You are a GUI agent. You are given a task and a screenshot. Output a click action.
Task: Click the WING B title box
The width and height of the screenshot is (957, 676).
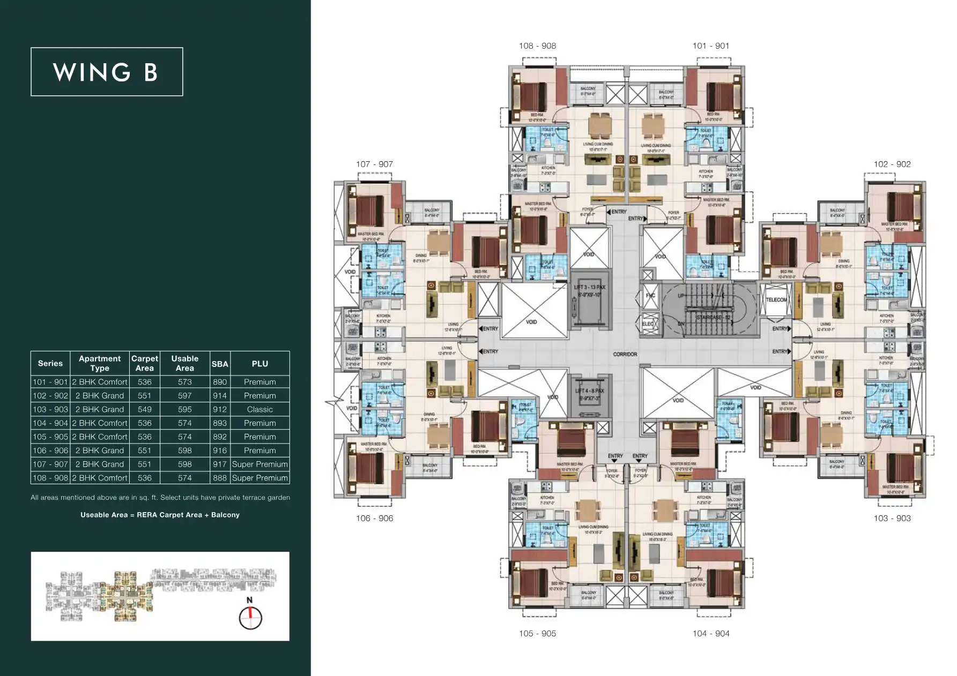click(107, 72)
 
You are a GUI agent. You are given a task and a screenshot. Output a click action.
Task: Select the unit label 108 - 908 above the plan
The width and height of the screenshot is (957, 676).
click(537, 46)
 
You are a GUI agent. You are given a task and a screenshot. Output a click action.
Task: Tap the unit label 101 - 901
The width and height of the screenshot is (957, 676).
click(710, 46)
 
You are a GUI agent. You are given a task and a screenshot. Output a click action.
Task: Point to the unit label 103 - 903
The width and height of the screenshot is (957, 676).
click(892, 518)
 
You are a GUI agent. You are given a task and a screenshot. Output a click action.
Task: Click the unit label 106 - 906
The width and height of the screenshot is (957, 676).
click(374, 518)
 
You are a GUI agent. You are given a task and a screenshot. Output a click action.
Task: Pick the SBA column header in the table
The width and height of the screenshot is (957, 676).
click(220, 364)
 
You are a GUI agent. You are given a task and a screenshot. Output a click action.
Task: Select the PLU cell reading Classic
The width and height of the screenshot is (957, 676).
click(259, 409)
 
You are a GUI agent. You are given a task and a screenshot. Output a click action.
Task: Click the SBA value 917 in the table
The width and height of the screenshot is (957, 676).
click(220, 464)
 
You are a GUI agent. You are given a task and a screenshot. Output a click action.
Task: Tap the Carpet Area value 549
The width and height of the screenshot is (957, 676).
click(144, 409)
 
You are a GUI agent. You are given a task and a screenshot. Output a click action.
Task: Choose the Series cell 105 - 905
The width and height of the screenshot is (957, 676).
click(50, 437)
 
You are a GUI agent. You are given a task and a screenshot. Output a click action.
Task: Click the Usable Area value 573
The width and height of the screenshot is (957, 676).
click(184, 382)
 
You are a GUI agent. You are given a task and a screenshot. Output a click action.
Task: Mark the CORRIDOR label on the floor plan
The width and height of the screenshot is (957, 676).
click(625, 354)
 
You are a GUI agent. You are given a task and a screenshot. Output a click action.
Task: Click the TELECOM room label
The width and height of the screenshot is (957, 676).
click(776, 300)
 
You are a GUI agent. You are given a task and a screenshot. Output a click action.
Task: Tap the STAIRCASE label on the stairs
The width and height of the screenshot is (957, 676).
click(713, 318)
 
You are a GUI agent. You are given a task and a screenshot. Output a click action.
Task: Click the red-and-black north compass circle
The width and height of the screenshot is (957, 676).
click(250, 618)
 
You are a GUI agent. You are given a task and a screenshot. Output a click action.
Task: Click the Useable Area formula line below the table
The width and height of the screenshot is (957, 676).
click(160, 515)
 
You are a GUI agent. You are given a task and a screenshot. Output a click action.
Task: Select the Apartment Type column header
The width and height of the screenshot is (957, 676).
click(100, 363)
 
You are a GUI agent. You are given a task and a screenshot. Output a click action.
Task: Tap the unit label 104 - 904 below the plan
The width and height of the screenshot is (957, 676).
click(710, 633)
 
